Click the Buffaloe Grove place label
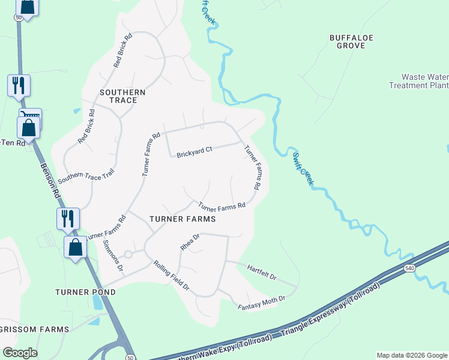click(351, 41)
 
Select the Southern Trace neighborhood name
click(122, 96)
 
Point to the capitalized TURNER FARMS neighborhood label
click(182, 219)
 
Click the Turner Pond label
click(85, 292)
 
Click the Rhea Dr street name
click(190, 242)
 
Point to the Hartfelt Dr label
click(261, 272)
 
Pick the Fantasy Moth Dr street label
click(261, 302)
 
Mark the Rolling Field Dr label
click(171, 276)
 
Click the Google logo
click(19, 353)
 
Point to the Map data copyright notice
click(412, 355)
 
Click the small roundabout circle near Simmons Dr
click(127, 254)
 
